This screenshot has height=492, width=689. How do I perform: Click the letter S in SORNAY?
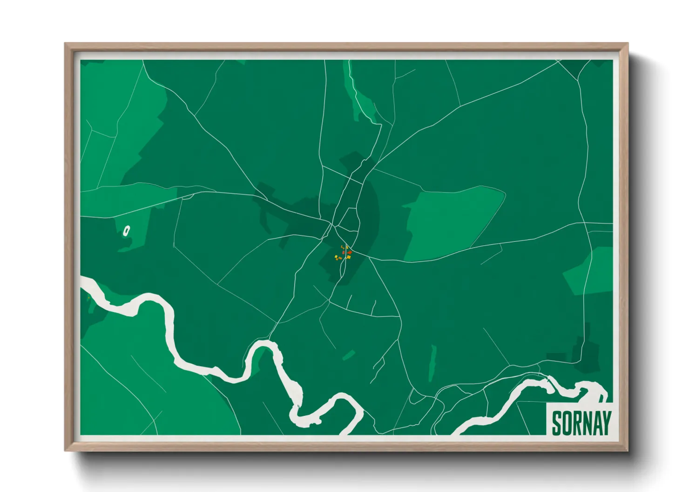tap(557, 424)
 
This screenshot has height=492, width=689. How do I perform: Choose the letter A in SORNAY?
tap(596, 424)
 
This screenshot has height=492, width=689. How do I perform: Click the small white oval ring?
tap(126, 230)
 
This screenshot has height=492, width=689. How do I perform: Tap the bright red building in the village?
tap(350, 252)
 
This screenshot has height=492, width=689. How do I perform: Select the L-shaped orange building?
tap(342, 247)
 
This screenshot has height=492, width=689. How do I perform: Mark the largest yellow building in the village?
tap(348, 256)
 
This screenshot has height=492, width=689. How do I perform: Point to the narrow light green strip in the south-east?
tap(432, 363)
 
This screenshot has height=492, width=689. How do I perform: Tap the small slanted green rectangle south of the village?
tap(348, 356)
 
